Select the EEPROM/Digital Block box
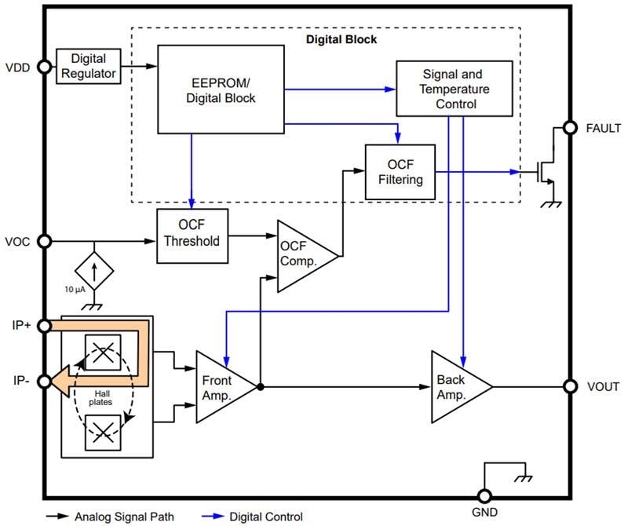[x=221, y=89]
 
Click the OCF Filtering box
[x=400, y=170]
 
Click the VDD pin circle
[x=45, y=67]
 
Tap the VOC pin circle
[x=45, y=242]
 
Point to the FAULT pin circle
[x=570, y=128]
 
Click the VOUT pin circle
[x=570, y=386]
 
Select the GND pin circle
[x=484, y=497]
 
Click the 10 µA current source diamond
[x=94, y=270]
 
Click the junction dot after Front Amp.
[x=260, y=386]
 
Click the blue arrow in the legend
[x=208, y=517]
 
